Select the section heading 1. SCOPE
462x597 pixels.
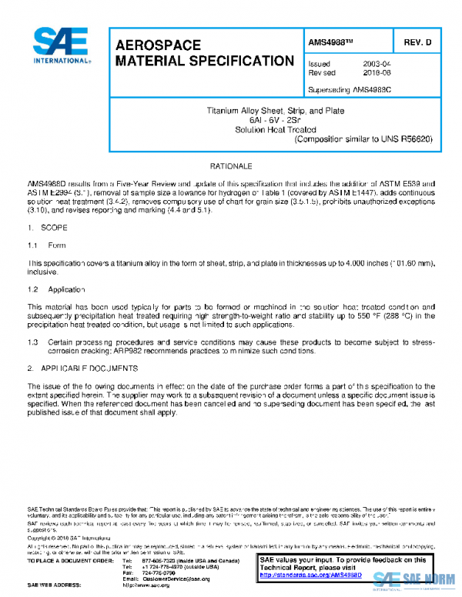(48, 228)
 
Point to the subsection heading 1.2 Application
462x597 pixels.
(60, 289)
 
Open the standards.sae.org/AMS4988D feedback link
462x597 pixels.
(307, 575)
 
